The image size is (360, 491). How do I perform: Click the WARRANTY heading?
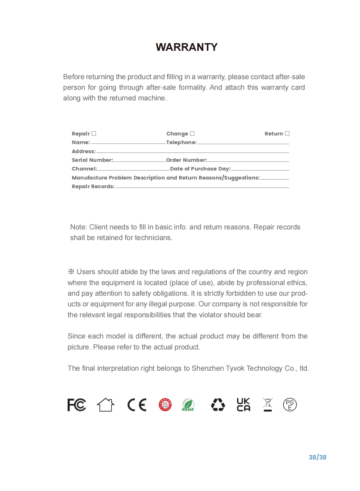[186, 47]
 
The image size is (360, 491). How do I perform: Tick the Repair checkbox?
[94, 134]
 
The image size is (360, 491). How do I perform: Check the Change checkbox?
[192, 134]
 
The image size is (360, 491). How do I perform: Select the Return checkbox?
[287, 134]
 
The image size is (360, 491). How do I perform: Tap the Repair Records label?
[93, 187]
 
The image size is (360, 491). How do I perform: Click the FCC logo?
[77, 405]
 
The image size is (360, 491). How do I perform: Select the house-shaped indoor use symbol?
[106, 405]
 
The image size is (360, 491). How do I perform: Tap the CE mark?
[137, 405]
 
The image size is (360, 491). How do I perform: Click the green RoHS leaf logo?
[188, 405]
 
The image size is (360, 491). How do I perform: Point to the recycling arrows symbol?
[218, 405]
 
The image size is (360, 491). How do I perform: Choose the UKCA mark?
[243, 405]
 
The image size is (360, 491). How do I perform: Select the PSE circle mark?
[290, 405]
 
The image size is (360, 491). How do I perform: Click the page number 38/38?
[317, 457]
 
